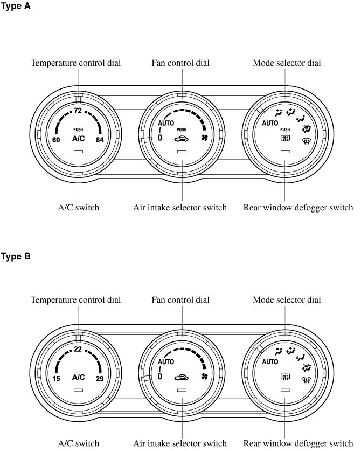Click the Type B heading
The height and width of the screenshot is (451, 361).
tap(17, 257)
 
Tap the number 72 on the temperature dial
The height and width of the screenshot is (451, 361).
tap(78, 111)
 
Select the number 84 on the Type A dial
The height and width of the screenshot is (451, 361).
tap(100, 140)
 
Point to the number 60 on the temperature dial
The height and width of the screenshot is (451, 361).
tap(56, 140)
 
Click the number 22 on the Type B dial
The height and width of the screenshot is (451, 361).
tap(78, 350)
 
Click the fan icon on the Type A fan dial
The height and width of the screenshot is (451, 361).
tap(204, 138)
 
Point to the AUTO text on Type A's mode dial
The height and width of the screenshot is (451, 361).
tap(270, 123)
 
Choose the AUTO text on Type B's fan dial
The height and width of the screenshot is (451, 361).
tap(166, 362)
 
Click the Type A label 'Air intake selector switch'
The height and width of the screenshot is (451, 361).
tap(180, 208)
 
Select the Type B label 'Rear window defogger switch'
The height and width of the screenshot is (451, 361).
tap(298, 443)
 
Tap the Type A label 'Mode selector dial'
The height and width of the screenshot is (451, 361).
tap(287, 63)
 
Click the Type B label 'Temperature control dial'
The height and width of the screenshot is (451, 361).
tap(75, 299)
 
